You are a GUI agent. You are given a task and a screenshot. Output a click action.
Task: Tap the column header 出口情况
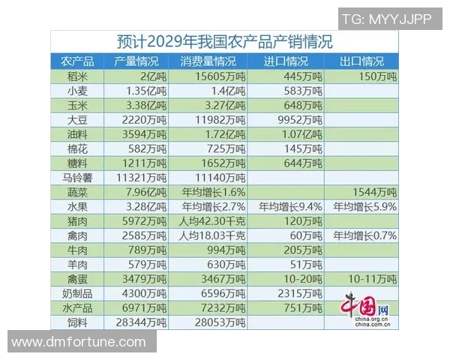coord(361,61)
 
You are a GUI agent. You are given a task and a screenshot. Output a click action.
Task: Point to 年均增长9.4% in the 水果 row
coord(290,206)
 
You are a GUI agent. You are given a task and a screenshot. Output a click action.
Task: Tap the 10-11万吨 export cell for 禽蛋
coord(367,279)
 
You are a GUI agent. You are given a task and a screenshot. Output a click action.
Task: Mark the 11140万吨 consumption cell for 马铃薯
coord(214,178)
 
